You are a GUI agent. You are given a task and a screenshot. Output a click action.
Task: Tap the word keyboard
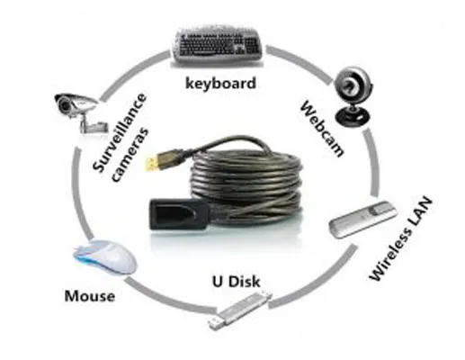click(221, 84)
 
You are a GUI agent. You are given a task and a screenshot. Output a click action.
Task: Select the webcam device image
click(353, 96)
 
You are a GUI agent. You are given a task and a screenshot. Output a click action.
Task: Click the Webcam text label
click(322, 129)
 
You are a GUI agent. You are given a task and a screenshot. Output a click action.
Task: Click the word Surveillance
click(120, 132)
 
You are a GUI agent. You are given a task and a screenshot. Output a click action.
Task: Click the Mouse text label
click(90, 296)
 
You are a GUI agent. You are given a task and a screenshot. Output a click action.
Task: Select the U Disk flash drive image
click(240, 310)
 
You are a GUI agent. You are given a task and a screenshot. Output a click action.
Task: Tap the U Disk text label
click(237, 282)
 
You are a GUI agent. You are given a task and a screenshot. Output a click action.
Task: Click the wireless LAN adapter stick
click(362, 220)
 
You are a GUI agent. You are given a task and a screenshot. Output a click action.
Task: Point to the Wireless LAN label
click(401, 239)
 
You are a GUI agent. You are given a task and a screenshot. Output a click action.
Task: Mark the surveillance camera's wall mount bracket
click(94, 125)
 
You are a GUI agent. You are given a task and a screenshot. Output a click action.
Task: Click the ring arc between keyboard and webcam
click(300, 61)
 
